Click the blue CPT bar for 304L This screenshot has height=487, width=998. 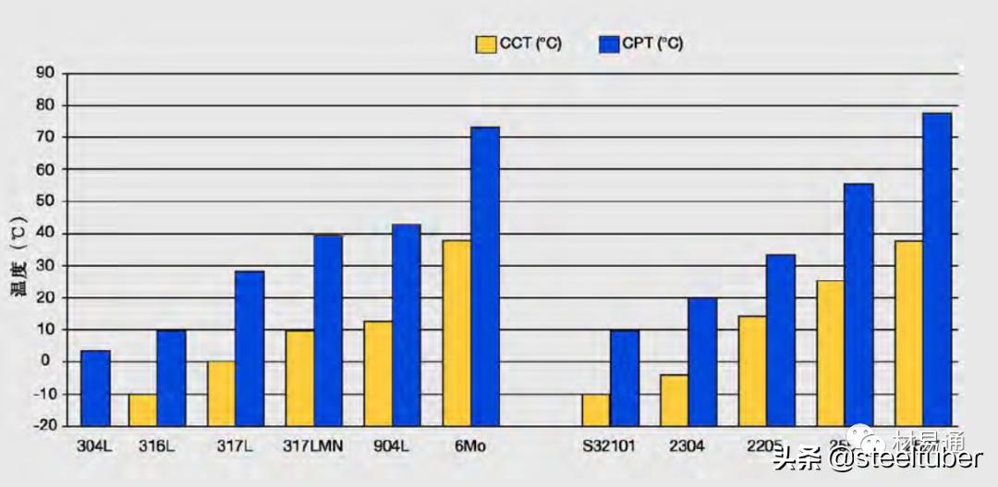click(95, 387)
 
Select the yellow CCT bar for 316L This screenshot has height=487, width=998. click(141, 409)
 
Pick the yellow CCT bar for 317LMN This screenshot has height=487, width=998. click(299, 377)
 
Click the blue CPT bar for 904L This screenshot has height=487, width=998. click(406, 324)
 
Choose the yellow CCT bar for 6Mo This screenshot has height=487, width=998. click(456, 333)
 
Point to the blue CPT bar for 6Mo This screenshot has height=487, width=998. click(484, 275)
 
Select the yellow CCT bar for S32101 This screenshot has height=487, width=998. click(596, 409)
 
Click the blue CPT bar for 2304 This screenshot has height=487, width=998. click(702, 360)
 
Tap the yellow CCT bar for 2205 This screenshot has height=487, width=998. click(752, 370)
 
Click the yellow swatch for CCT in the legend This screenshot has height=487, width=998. click(485, 43)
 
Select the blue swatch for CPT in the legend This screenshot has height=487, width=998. click(609, 43)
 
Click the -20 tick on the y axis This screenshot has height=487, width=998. click(43, 426)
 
